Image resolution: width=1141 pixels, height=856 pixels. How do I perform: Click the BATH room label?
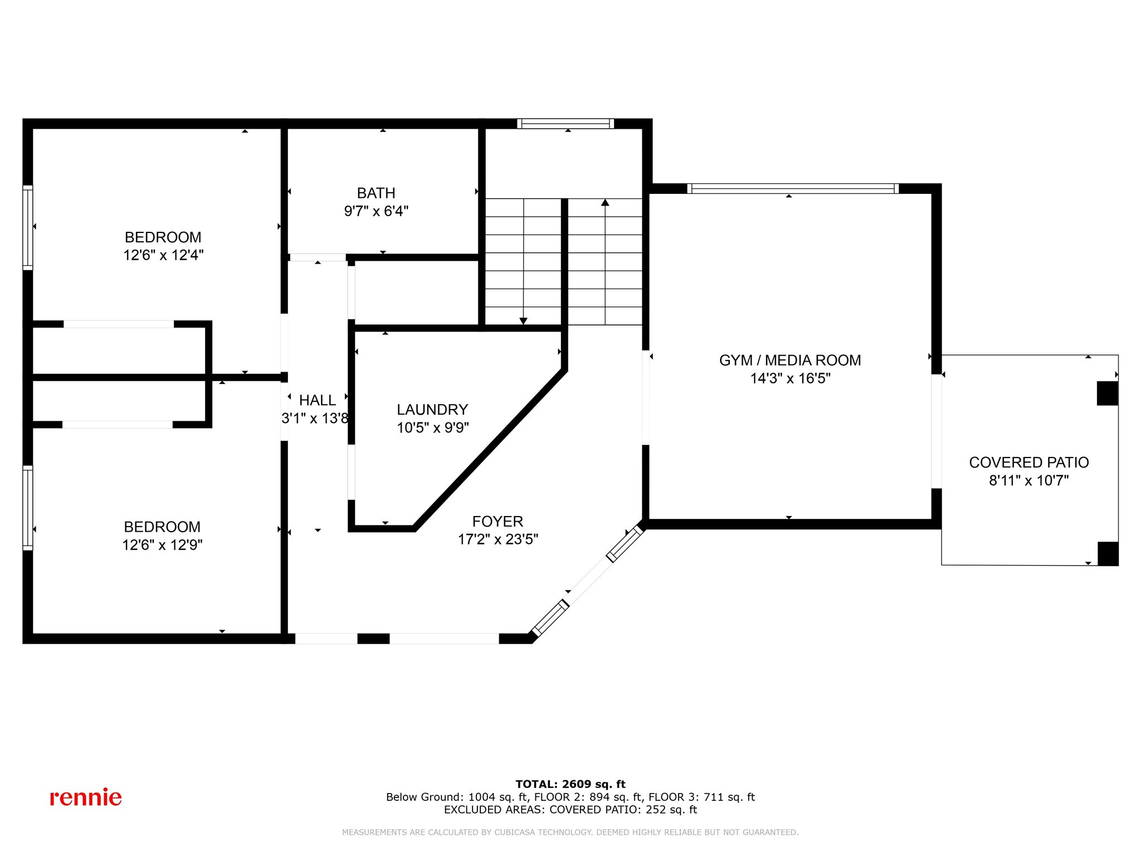[x=376, y=193]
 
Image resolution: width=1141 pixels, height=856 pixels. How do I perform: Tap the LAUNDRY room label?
[x=432, y=410]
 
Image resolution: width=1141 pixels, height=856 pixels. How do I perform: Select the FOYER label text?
[x=498, y=522]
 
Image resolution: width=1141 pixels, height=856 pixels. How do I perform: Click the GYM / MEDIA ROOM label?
[x=789, y=361]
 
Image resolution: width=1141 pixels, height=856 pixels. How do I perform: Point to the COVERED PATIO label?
[x=1028, y=463]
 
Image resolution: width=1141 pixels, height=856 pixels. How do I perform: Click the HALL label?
[x=317, y=400]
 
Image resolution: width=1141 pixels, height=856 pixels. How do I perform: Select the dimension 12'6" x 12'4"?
[x=163, y=255]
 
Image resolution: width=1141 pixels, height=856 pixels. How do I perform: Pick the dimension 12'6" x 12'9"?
[x=162, y=545]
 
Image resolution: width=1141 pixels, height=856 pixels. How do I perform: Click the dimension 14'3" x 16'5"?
[x=789, y=378]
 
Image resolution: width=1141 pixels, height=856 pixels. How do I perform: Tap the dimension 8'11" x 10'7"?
[x=1028, y=480]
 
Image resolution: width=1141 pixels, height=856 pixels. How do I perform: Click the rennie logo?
[x=86, y=797]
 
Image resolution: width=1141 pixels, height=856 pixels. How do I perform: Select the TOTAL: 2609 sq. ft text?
[x=570, y=784]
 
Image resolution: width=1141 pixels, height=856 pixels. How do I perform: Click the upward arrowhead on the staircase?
[x=605, y=202]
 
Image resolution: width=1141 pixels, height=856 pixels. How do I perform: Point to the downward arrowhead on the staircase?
[x=523, y=321]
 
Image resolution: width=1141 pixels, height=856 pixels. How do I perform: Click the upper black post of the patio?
[x=1107, y=393]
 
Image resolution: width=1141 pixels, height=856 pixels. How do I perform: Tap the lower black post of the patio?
[x=1108, y=553]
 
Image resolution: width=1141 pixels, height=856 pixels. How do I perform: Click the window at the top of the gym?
[x=793, y=188]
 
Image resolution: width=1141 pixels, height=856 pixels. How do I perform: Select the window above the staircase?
[x=565, y=124]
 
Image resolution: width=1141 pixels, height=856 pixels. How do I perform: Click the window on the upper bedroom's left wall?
[x=27, y=227]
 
